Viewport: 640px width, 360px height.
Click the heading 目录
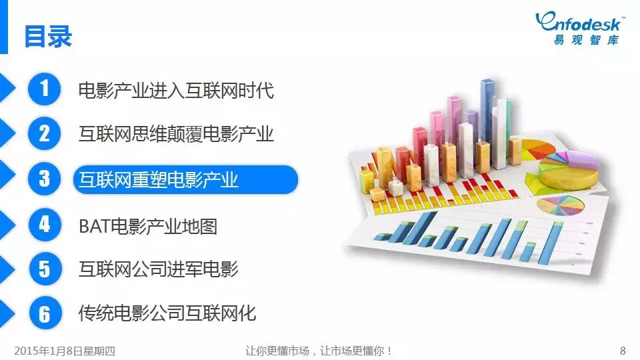pos(48,36)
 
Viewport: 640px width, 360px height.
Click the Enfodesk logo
pos(579,28)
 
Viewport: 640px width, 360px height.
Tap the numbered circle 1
pos(44,89)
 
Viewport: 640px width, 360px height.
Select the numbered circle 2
pos(44,133)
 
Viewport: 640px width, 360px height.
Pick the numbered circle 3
pos(44,179)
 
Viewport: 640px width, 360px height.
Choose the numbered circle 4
pos(45,224)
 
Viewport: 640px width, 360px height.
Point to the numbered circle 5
pos(45,269)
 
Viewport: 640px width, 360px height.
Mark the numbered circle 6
pos(45,313)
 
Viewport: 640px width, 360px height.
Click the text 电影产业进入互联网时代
pos(176,90)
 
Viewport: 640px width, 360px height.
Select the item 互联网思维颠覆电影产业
pos(176,134)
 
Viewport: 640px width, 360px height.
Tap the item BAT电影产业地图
pos(148,226)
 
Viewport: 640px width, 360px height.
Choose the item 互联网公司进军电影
pos(159,269)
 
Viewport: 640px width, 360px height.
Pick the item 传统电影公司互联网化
pos(167,313)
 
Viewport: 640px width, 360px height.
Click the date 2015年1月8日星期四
pos(65,351)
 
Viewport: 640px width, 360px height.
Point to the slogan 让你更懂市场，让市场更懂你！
pos(319,351)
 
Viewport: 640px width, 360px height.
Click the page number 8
pos(623,351)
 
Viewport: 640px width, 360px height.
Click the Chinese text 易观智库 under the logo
pos(586,39)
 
